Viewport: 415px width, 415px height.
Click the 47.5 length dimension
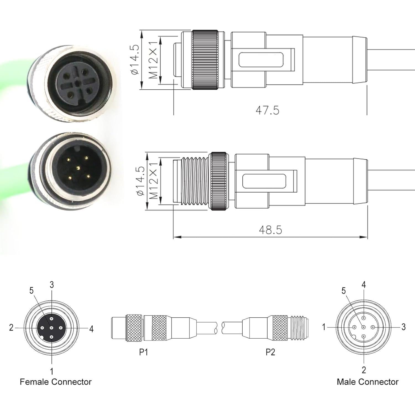(x=267, y=110)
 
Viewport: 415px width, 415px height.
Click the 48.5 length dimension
(x=270, y=230)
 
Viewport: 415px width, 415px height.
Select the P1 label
(x=143, y=352)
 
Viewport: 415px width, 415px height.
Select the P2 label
(x=270, y=352)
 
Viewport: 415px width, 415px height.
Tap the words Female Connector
(x=56, y=382)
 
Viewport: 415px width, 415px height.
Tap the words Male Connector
(x=367, y=382)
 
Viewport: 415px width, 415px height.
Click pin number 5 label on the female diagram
(x=31, y=290)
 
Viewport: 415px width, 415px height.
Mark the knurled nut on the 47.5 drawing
(x=205, y=60)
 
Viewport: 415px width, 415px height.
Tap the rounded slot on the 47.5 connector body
(x=261, y=60)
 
